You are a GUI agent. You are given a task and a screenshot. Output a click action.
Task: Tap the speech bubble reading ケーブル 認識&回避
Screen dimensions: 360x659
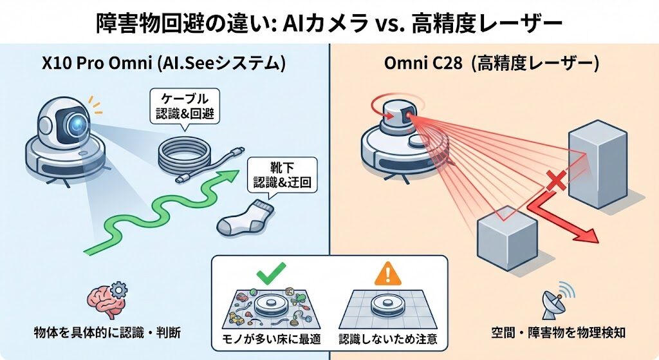pos(184,108)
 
